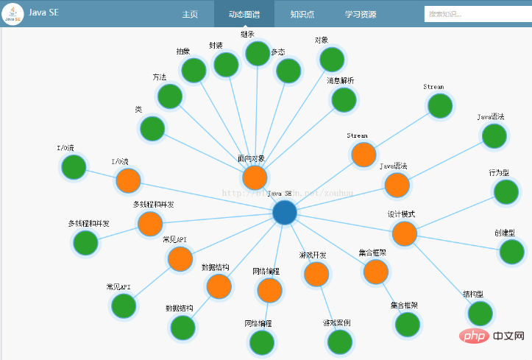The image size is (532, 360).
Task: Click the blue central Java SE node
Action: [284, 213]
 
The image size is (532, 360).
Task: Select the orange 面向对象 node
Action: [254, 177]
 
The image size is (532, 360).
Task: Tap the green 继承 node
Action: [258, 53]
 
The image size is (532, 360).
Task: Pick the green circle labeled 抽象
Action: [194, 71]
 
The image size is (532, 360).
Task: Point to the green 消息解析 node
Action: [344, 99]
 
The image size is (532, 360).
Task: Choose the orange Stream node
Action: [363, 155]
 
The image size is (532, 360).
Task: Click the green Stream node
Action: [440, 106]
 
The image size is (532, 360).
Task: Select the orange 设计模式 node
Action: [404, 233]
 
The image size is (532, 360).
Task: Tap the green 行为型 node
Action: [506, 191]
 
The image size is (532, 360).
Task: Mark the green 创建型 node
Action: [511, 252]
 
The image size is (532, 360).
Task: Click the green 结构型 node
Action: [479, 314]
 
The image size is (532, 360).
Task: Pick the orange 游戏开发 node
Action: [316, 274]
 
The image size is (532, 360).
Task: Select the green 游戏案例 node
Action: [339, 342]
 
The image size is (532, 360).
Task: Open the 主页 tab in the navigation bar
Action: [190, 14]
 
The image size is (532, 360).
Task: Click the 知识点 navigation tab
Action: [302, 14]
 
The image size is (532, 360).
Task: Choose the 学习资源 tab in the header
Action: [361, 14]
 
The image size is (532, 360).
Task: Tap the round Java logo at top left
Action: [13, 14]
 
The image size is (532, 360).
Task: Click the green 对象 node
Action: [332, 60]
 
